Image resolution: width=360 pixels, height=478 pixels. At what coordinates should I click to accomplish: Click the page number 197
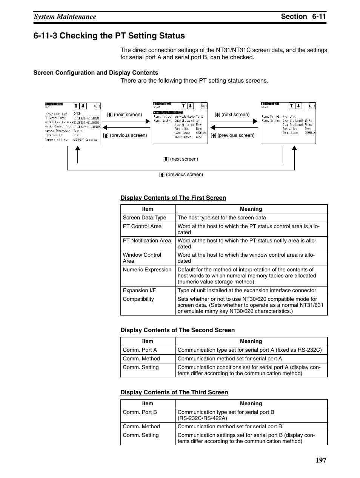coord(319,460)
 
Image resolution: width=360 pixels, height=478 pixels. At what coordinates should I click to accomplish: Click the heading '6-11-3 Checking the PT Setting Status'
coord(109,36)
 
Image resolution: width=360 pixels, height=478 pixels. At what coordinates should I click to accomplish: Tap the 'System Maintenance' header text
coord(65,17)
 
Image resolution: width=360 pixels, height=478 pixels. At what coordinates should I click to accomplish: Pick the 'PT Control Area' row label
coord(142,226)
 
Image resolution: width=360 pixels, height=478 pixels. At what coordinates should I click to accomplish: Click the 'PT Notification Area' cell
coord(147,241)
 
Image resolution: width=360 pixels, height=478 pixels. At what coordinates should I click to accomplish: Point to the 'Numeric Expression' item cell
coord(147,270)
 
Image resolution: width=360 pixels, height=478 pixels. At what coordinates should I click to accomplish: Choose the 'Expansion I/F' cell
coord(139,290)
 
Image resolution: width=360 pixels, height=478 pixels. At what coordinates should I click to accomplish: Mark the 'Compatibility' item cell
coord(138,299)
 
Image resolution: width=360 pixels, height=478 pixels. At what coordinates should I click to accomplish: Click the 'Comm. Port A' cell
coord(140,350)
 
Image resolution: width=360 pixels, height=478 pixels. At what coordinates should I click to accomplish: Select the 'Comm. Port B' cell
coord(140,412)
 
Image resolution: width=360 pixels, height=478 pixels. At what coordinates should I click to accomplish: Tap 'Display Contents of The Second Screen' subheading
coord(177,330)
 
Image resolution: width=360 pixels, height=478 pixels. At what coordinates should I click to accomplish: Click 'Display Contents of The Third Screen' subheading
coord(174,392)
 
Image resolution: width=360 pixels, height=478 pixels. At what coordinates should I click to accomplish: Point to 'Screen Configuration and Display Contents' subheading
coord(96,73)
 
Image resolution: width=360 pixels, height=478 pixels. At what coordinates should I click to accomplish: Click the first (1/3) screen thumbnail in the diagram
coord(73,123)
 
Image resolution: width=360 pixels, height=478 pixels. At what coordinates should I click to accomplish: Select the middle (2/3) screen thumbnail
coord(180,123)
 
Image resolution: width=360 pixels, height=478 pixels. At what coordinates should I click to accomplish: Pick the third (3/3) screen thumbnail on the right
coord(288,123)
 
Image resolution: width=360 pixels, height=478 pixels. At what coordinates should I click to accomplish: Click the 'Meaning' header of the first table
coord(251,209)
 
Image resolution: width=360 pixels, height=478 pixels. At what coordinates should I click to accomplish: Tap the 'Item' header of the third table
coord(148,403)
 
